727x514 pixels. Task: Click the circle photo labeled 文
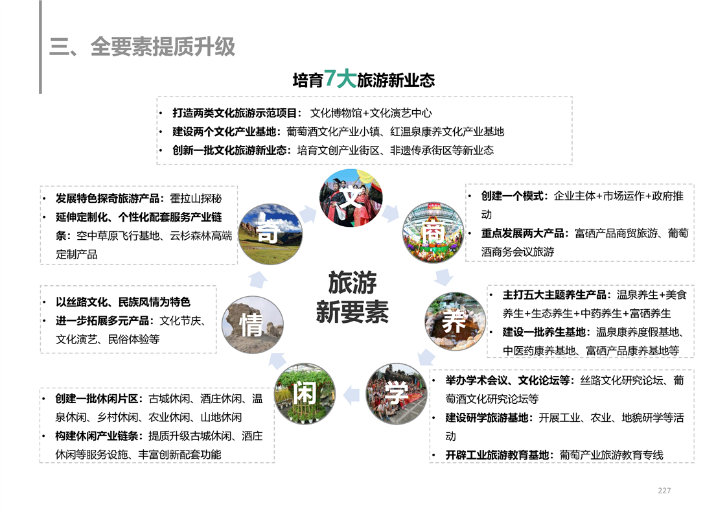351,198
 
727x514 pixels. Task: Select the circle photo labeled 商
433,233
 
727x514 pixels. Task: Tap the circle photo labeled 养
455,321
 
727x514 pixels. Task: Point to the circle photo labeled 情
253,325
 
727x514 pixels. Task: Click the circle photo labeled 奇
270,234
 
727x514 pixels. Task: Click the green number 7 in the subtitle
330,78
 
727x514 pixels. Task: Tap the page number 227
664,490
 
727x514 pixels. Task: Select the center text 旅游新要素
352,298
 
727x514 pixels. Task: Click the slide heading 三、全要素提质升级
142,47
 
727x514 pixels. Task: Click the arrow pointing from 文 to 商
391,213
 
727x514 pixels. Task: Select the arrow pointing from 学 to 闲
351,395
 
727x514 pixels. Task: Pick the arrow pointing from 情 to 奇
258,279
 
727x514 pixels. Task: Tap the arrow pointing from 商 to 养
444,277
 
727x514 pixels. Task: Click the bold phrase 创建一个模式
512,196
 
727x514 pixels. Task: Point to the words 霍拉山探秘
196,198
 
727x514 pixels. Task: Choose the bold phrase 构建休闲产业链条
97,436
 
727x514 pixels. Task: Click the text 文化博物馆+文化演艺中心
371,113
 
